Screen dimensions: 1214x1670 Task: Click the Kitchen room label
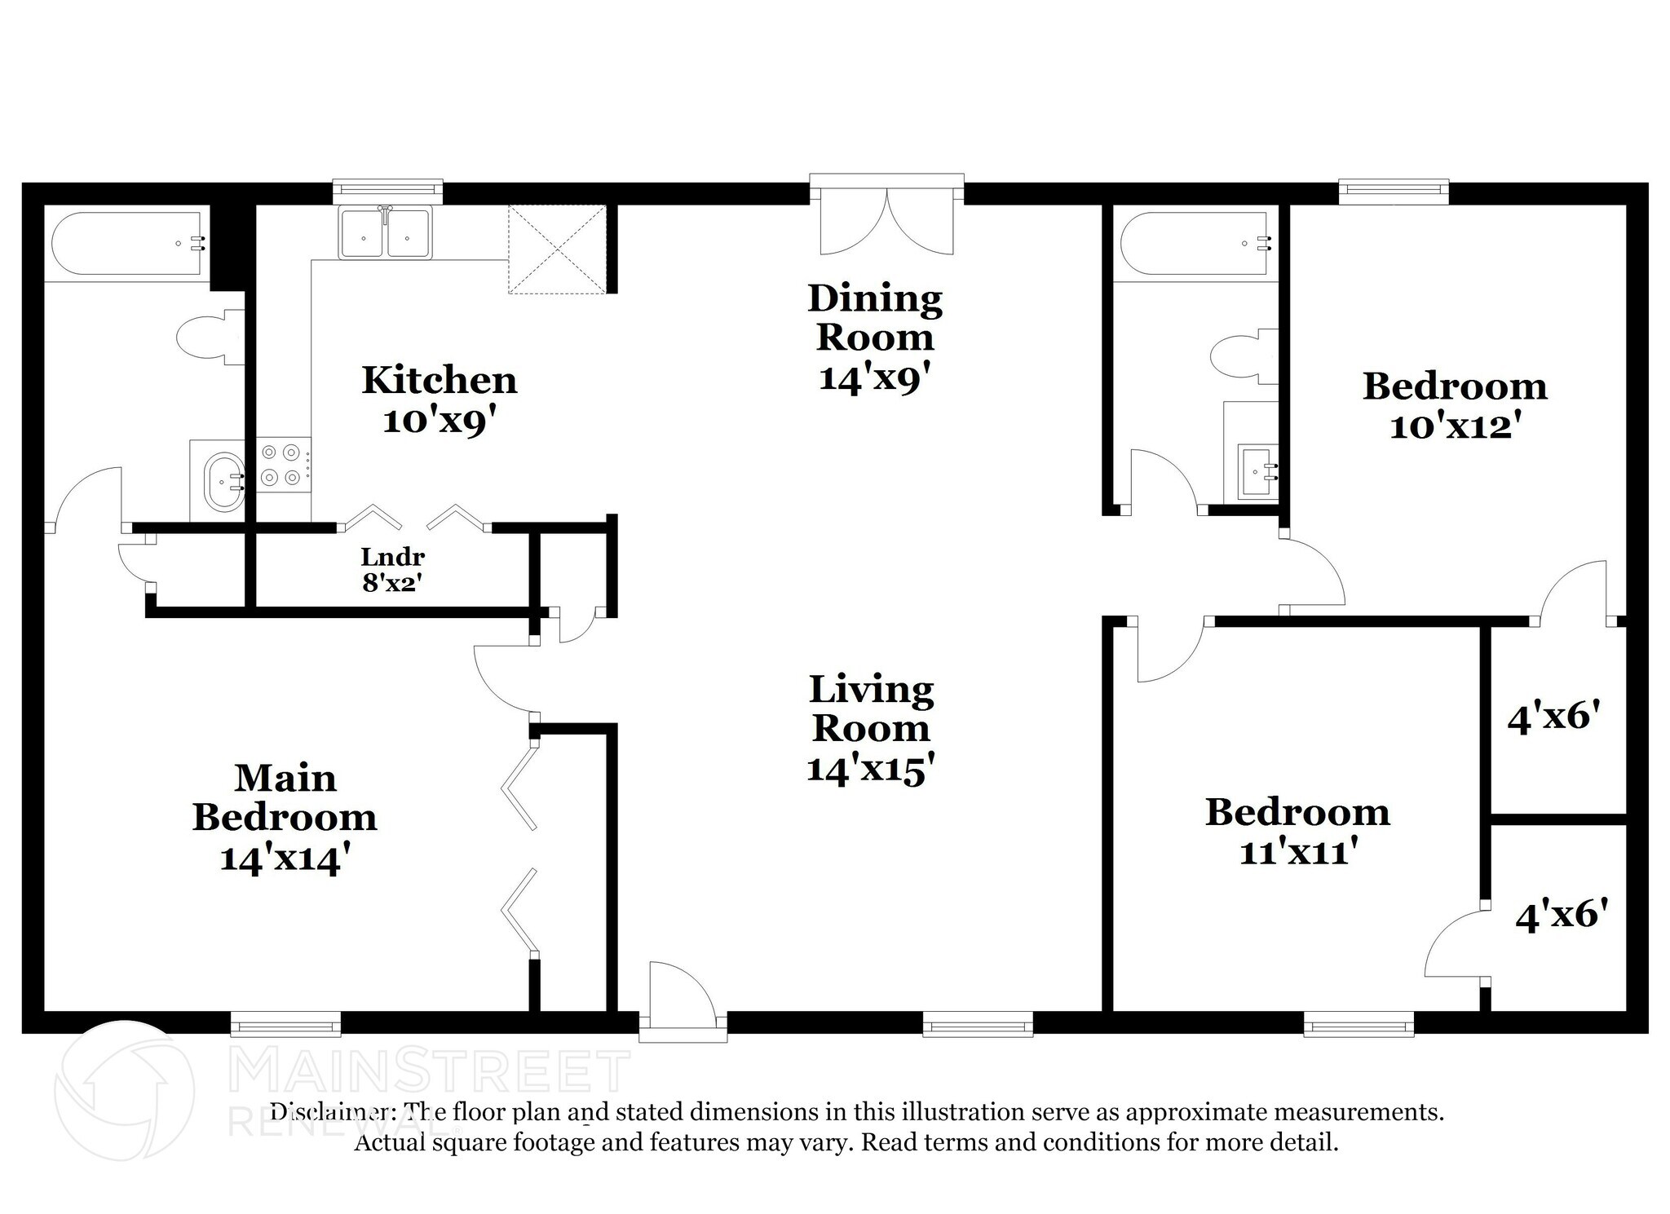pos(439,381)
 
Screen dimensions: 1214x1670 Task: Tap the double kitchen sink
pos(385,234)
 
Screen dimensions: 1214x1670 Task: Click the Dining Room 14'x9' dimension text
pos(874,379)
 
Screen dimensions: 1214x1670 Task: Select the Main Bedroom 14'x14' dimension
pos(285,859)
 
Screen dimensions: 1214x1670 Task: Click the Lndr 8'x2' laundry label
pos(393,569)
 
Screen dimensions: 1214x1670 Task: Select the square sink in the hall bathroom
pos(1257,470)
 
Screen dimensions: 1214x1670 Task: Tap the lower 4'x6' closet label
pos(1562,915)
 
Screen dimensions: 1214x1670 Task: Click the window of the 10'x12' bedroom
pos(1393,190)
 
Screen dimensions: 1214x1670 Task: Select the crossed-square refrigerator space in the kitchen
pos(557,249)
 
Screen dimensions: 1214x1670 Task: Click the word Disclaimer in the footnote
pos(329,1113)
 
